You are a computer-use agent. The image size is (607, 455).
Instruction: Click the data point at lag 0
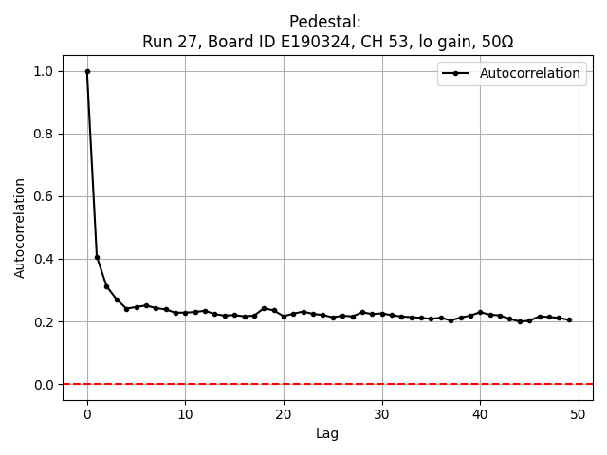pyautogui.click(x=87, y=71)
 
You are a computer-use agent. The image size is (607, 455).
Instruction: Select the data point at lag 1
pyautogui.click(x=97, y=257)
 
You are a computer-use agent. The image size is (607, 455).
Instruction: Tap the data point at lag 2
pyautogui.click(x=107, y=286)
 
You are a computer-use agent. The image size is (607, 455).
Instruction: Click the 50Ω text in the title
pyautogui.click(x=495, y=42)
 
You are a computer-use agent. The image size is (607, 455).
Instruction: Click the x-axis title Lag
pyautogui.click(x=327, y=433)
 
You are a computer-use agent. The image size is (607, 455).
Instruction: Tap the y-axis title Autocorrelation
pyautogui.click(x=20, y=227)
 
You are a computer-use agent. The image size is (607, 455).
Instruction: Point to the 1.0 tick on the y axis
pyautogui.click(x=43, y=71)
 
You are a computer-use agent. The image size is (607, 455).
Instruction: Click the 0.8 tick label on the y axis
pyautogui.click(x=43, y=134)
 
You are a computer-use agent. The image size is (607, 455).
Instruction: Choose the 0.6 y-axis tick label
pyautogui.click(x=43, y=196)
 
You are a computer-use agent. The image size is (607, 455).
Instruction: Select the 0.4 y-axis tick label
pyautogui.click(x=43, y=259)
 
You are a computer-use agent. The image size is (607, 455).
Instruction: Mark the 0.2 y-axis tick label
pyautogui.click(x=43, y=321)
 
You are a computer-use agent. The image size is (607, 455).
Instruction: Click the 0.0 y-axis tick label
pyautogui.click(x=43, y=384)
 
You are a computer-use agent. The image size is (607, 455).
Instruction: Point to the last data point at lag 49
pyautogui.click(x=568, y=319)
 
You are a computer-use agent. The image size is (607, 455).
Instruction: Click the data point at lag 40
pyautogui.click(x=480, y=312)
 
